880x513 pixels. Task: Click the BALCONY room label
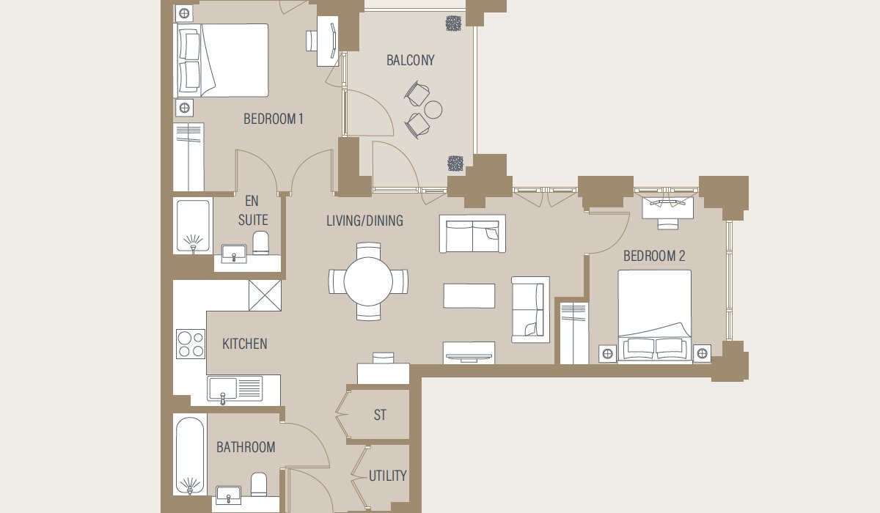click(410, 60)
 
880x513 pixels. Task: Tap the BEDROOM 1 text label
click(274, 119)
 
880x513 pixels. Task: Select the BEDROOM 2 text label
click(654, 256)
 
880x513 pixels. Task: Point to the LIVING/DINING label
click(364, 221)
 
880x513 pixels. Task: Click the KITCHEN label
click(244, 344)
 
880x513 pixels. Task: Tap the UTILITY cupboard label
click(387, 476)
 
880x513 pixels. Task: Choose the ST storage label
click(380, 415)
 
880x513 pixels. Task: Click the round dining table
click(368, 281)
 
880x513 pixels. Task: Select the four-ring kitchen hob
click(191, 344)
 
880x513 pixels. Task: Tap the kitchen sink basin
click(223, 388)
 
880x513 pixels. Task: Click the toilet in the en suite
click(260, 243)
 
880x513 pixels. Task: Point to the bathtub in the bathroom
click(190, 454)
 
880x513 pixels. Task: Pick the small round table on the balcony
click(433, 109)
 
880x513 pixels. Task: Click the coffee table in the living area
click(469, 296)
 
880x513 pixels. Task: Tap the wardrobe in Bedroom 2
click(574, 333)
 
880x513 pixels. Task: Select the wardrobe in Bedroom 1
click(188, 157)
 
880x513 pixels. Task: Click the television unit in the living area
click(469, 353)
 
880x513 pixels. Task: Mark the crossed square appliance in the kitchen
click(265, 295)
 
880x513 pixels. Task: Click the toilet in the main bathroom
click(259, 484)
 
